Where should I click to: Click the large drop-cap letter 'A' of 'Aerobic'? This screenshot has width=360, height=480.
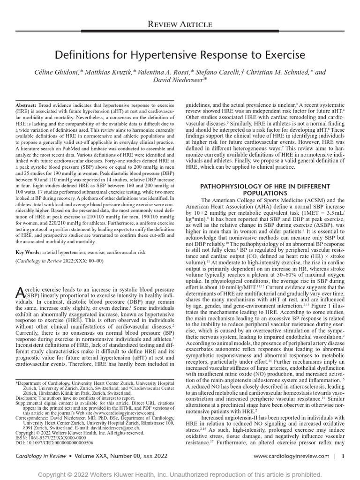tap(20, 292)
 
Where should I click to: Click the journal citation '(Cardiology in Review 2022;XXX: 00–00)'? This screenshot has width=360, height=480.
tap(60, 261)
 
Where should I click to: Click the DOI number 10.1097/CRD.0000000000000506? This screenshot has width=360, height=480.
tap(54, 442)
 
